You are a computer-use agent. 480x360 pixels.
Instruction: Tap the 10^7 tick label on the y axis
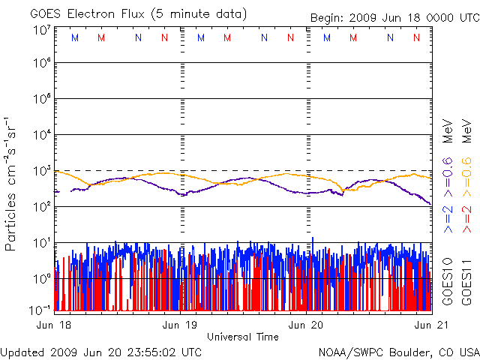coord(41,31)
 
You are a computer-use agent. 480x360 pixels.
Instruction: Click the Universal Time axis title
coord(243,337)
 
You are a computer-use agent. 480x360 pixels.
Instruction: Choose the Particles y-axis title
coord(11,183)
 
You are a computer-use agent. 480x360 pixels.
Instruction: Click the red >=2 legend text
coord(466,215)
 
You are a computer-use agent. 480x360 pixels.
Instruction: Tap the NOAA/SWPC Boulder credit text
coord(398,351)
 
